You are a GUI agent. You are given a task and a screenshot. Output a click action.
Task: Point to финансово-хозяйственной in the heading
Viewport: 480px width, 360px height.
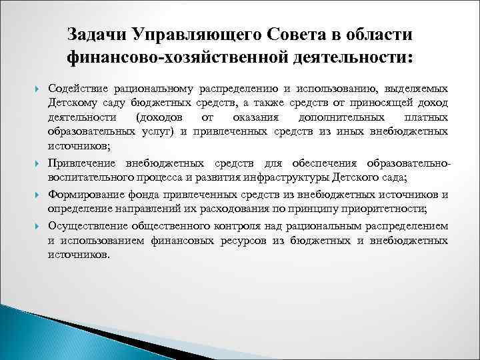pos(177,59)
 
